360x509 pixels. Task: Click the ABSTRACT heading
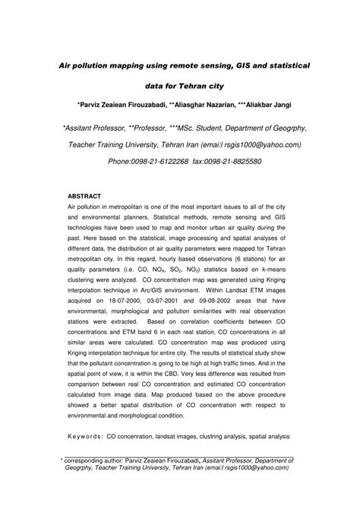(84, 196)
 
